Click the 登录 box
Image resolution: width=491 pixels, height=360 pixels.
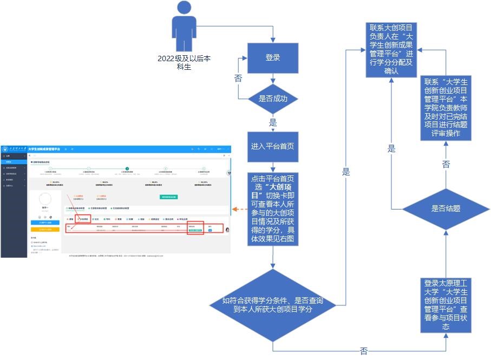click(x=273, y=58)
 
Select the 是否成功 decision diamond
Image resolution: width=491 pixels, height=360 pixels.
click(x=273, y=99)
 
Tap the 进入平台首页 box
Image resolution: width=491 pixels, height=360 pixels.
click(x=273, y=147)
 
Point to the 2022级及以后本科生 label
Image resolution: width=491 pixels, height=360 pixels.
click(x=184, y=62)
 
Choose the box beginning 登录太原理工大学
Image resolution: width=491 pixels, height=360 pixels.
click(x=446, y=305)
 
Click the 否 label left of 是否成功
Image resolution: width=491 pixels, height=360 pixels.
click(x=238, y=78)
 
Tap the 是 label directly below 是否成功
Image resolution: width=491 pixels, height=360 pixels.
click(x=273, y=122)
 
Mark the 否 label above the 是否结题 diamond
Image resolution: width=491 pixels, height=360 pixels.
click(x=446, y=164)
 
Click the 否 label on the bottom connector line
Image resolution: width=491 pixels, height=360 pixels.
click(x=364, y=351)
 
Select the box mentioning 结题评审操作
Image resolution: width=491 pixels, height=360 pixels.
click(x=446, y=108)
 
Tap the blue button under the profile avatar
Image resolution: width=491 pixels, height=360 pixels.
click(x=45, y=222)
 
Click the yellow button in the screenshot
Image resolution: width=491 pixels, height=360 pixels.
click(x=45, y=229)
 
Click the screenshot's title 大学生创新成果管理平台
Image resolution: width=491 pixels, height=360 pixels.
click(x=44, y=148)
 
